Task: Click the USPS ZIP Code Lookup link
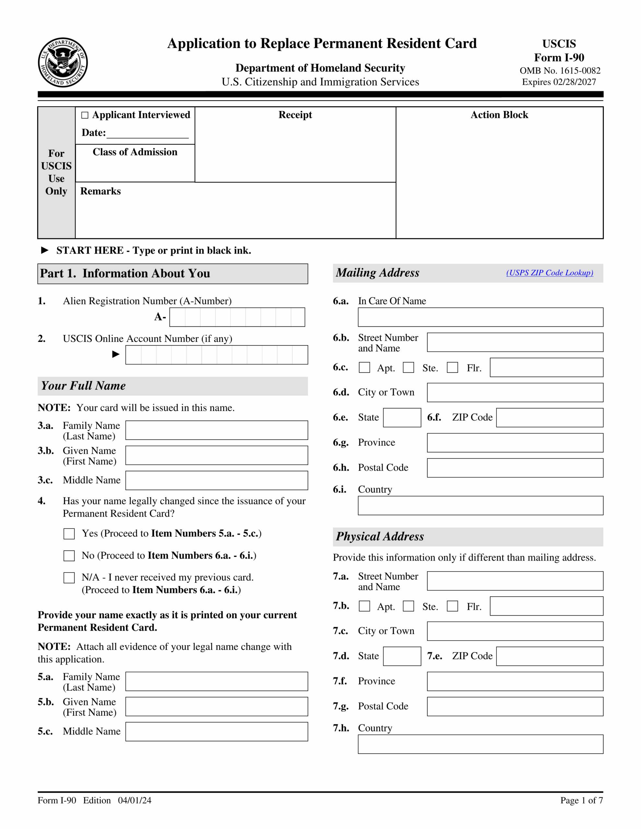549,273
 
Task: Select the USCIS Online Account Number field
216,355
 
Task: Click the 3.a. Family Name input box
216,430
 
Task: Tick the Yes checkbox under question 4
69,534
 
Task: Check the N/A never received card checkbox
69,578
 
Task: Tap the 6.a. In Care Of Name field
480,317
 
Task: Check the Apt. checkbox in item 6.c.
364,368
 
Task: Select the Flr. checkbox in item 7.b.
452,606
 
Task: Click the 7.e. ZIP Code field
549,656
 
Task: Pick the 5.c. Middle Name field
216,732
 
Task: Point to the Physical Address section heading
380,536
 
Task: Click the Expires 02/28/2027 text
559,82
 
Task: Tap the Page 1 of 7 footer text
581,800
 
